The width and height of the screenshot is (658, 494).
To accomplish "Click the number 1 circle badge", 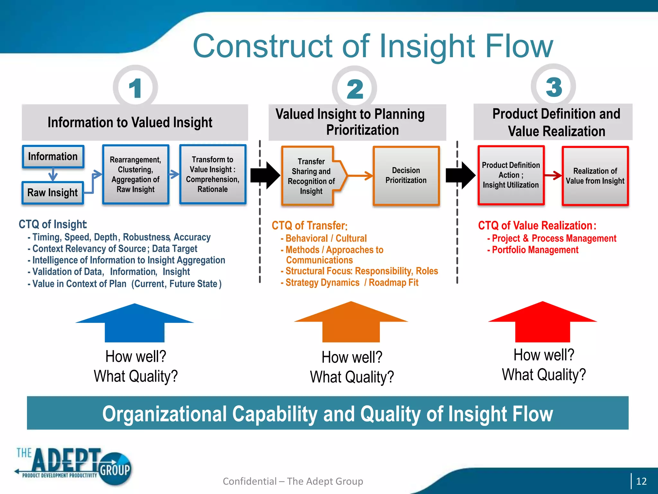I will [x=135, y=87].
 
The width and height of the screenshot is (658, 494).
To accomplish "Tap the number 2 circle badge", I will [x=354, y=88].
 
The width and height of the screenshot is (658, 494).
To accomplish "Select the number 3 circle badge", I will [x=553, y=87].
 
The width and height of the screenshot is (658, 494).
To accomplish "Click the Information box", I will [x=53, y=157].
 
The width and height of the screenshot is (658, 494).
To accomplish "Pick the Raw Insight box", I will [x=53, y=193].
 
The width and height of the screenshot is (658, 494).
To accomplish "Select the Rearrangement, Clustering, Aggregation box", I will [x=136, y=174].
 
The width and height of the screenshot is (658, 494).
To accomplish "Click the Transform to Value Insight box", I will [x=213, y=174].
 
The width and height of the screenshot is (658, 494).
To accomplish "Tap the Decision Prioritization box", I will [x=406, y=176].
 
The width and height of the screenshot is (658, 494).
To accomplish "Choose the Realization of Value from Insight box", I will [x=595, y=176].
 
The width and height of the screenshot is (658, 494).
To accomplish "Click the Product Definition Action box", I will [x=511, y=175].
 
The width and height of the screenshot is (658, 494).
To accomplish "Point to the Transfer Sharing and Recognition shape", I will [x=311, y=176].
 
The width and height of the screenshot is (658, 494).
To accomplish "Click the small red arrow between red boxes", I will [x=553, y=175].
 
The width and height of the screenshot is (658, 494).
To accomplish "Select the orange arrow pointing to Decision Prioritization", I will [x=360, y=176].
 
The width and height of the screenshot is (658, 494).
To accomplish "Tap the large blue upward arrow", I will [x=135, y=323].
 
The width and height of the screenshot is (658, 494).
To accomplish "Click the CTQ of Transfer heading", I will [x=309, y=225].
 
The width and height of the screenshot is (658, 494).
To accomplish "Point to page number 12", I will [x=641, y=481].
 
